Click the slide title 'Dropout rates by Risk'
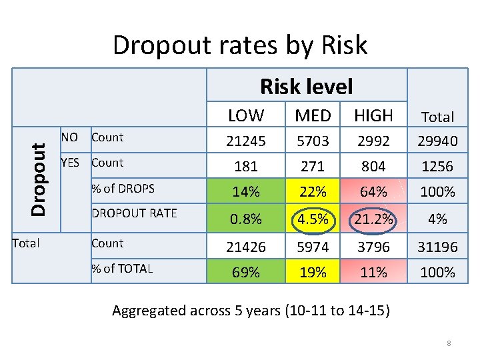[240, 45]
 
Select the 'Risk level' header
[306, 86]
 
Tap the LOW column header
[246, 115]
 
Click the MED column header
[313, 115]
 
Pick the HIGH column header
[373, 115]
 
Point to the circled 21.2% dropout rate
[373, 219]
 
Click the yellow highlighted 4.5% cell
[313, 219]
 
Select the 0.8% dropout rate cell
[246, 219]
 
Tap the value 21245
[246, 141]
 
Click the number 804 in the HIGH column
[373, 166]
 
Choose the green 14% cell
[246, 192]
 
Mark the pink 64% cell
[373, 192]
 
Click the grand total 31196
[438, 247]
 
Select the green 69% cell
[246, 272]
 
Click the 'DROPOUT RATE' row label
[134, 213]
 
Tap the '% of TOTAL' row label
[122, 269]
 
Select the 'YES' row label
[70, 163]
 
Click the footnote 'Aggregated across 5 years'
[251, 310]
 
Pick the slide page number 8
[449, 343]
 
